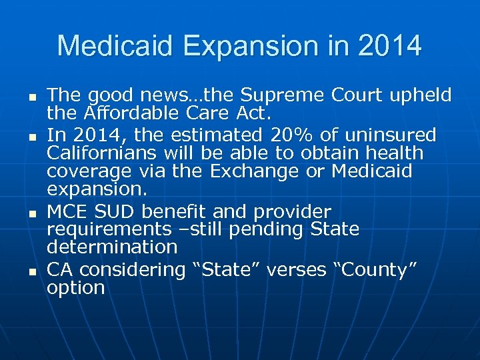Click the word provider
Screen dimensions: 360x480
(293, 212)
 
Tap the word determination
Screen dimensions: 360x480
(112, 247)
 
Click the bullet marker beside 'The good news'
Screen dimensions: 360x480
(31, 97)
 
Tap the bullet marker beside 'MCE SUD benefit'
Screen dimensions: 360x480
(31, 214)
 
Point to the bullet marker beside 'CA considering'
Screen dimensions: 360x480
(31, 272)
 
